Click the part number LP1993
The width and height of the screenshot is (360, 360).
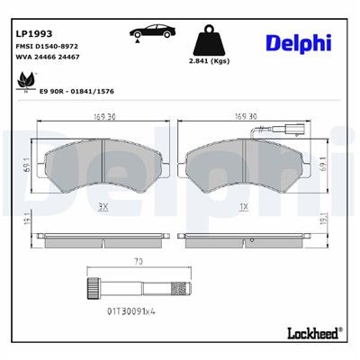pyautogui.click(x=31, y=33)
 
